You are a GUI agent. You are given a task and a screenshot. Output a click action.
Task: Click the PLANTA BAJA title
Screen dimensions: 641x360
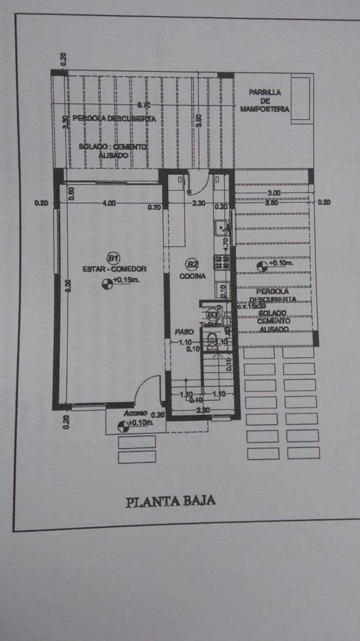point(171,501)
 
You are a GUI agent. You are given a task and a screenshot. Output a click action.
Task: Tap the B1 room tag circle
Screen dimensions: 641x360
point(113,258)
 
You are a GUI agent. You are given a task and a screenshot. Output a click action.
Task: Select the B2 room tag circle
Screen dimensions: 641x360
point(193,265)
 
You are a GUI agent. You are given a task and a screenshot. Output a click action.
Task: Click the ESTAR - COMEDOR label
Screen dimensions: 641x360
point(114,269)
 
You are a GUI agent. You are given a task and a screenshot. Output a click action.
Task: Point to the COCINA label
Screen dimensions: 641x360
point(193,277)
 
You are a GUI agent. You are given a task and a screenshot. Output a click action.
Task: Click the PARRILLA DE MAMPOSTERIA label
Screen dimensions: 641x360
point(265,100)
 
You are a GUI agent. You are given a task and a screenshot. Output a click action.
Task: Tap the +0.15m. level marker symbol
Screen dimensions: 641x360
point(107,285)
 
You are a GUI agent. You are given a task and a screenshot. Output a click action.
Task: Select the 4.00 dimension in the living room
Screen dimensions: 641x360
point(109,203)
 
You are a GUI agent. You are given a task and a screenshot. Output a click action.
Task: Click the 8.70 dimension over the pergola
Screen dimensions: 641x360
point(144,105)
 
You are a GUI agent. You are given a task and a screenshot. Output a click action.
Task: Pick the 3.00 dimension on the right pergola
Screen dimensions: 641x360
point(274,193)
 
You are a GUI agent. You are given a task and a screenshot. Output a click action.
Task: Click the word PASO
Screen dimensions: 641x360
point(181,332)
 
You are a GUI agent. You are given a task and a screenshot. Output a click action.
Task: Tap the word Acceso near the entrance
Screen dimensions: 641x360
point(135,413)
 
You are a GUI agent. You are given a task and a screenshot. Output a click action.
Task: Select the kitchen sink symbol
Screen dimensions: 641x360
point(221,226)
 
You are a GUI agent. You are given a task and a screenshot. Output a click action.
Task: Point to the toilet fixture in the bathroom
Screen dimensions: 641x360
point(212,340)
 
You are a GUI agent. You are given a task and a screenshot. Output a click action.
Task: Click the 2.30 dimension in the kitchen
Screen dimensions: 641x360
point(199,203)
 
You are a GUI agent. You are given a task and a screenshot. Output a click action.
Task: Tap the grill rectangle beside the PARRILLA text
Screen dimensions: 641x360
point(301,98)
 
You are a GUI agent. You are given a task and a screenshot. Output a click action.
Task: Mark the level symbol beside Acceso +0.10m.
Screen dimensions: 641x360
point(123,424)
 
